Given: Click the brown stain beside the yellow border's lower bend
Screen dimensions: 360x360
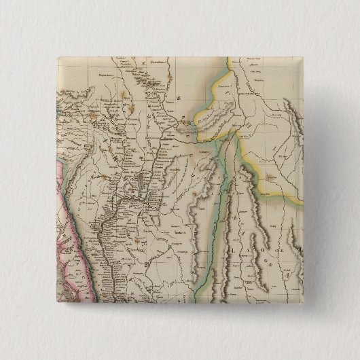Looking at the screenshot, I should click(x=270, y=178).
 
